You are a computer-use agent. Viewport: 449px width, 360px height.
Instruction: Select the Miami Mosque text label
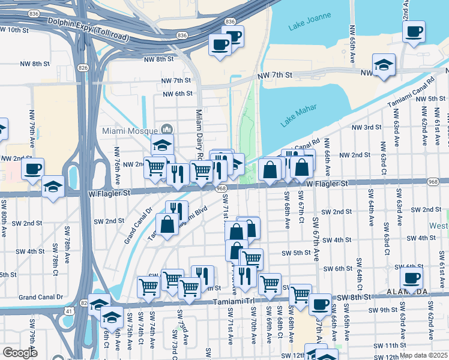(129, 130)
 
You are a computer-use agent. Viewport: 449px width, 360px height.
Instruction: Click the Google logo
(20, 353)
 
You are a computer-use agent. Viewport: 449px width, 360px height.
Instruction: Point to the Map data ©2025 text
(424, 355)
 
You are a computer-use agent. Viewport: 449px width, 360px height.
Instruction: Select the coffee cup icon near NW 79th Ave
(32, 168)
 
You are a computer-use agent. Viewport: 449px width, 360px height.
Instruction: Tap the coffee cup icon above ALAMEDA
(411, 277)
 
